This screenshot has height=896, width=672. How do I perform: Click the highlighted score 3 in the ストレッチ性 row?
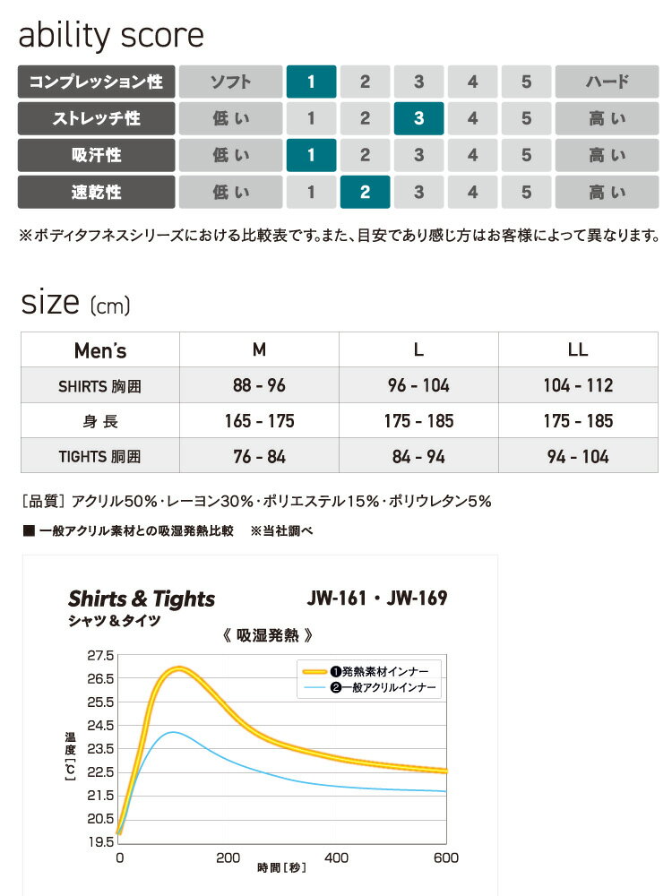[418, 118]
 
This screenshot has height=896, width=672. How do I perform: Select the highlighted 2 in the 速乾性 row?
[365, 192]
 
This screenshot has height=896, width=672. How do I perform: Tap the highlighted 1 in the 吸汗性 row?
[311, 155]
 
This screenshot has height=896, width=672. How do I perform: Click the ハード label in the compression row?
[607, 82]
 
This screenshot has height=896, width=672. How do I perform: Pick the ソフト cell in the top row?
[230, 82]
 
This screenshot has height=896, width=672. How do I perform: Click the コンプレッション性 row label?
[96, 82]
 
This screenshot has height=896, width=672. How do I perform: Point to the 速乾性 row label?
[96, 192]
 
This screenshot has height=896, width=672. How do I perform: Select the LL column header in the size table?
[578, 349]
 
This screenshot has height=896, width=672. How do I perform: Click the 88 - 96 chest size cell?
[259, 385]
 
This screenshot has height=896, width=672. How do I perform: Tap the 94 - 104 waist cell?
[578, 456]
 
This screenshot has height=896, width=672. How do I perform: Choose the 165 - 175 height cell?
[259, 420]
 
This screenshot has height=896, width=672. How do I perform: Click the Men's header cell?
[100, 349]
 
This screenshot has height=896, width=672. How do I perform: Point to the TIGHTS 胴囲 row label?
[100, 456]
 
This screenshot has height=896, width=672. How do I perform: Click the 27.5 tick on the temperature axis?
[100, 655]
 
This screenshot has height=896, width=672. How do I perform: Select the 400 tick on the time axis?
[336, 857]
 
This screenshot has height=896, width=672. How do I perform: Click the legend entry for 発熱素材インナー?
[369, 670]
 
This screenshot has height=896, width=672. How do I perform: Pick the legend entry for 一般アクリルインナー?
[369, 687]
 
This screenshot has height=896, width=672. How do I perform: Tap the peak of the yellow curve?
[179, 668]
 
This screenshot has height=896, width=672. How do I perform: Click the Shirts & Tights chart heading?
[142, 599]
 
